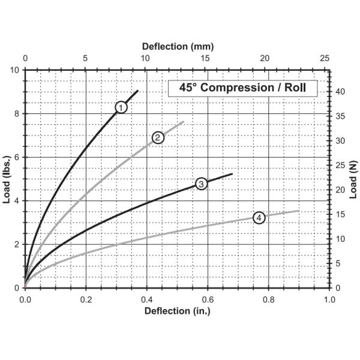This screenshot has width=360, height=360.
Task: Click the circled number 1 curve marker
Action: point(121,107)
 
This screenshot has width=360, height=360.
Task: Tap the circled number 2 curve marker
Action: point(158,137)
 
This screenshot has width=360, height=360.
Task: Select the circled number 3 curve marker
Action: point(201,184)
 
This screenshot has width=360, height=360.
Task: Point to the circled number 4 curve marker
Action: point(259,218)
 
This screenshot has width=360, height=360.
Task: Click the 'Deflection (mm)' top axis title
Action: point(178,46)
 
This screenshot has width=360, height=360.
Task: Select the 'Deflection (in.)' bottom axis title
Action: point(178,311)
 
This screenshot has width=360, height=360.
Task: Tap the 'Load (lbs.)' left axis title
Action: point(8,179)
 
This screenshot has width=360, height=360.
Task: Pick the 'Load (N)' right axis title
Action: point(354,179)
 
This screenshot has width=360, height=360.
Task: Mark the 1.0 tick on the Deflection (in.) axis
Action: point(329,298)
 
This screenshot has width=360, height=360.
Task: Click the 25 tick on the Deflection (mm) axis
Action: point(325,59)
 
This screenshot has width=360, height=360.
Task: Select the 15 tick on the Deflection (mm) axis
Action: point(205,59)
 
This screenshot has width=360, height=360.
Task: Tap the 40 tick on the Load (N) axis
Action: point(339,92)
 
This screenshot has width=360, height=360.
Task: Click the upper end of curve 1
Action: point(138,91)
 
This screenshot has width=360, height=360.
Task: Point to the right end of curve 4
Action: point(299,211)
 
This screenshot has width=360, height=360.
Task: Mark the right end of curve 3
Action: point(232,174)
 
